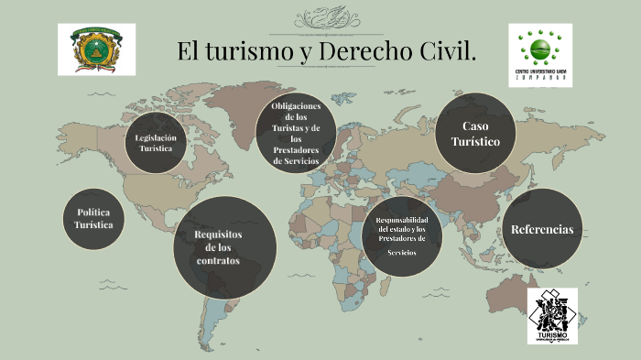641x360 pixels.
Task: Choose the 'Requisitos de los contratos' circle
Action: (x=224, y=246)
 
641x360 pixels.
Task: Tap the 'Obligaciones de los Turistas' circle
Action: (x=295, y=133)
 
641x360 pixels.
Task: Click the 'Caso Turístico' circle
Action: (x=473, y=133)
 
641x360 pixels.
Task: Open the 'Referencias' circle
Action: (x=542, y=229)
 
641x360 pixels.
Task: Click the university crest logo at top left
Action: (x=96, y=49)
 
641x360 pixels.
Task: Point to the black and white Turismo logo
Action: (x=552, y=315)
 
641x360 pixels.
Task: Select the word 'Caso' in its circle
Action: (x=474, y=125)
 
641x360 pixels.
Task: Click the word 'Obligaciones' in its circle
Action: (x=296, y=106)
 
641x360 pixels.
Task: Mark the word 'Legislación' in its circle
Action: (x=155, y=136)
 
